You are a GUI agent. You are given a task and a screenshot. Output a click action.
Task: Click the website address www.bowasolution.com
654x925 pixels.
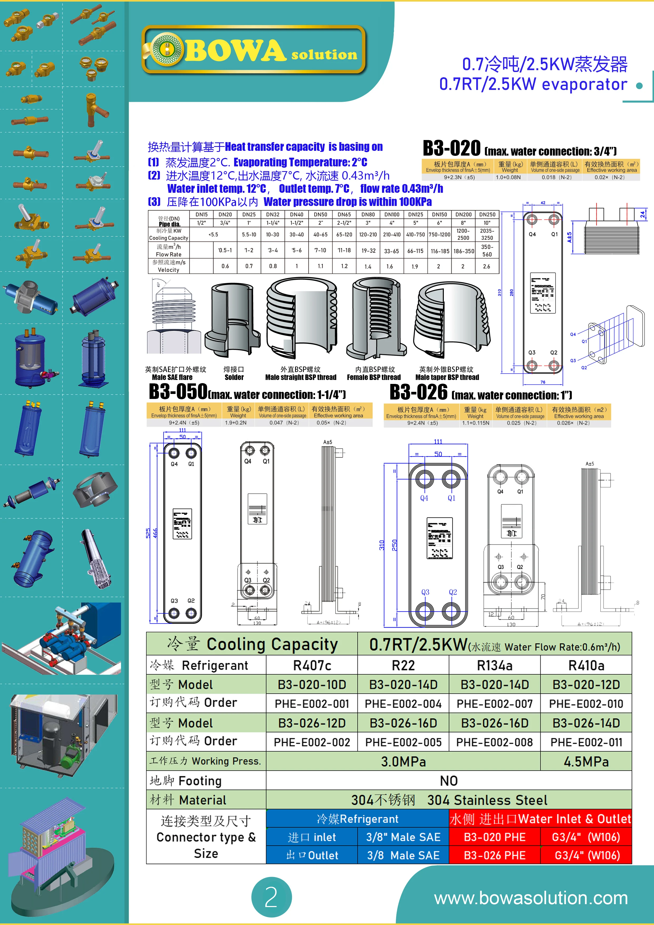[x=531, y=898]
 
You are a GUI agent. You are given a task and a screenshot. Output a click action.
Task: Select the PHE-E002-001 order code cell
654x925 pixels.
[x=312, y=704]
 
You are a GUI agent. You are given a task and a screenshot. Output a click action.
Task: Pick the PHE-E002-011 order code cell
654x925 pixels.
[x=586, y=742]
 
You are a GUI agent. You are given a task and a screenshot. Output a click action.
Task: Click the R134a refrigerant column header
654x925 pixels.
[x=494, y=666]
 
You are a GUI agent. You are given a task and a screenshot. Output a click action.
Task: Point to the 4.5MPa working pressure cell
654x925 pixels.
[x=586, y=762]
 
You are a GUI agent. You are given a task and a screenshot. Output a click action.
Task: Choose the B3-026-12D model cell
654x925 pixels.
[x=312, y=723]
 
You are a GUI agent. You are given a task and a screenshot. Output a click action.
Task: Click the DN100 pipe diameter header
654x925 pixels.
[x=392, y=215]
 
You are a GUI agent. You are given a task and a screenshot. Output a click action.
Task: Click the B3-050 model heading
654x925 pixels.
[x=178, y=391]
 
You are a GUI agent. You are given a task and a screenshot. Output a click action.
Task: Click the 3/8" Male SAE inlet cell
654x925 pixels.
[x=403, y=837]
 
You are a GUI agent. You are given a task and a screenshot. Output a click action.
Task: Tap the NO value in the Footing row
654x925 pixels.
[x=449, y=781]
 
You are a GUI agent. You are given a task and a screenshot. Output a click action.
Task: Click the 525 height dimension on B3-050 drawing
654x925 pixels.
[x=148, y=533]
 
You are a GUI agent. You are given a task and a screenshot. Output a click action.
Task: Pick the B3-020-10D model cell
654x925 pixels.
[x=312, y=685]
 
